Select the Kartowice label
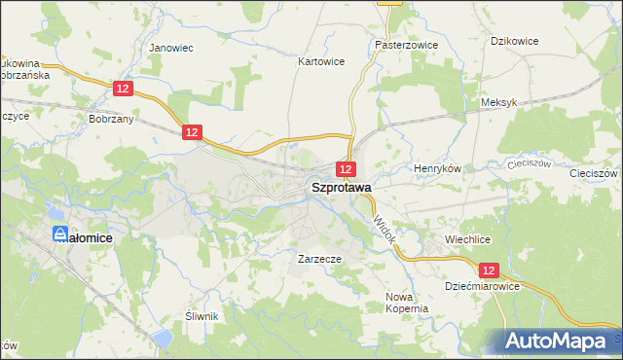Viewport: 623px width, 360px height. point(320,60)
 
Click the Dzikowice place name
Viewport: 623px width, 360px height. point(515,40)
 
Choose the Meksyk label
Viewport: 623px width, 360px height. point(496,102)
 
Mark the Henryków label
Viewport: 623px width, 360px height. point(437,168)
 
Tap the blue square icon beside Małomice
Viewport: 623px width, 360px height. point(61,234)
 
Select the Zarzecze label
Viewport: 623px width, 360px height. point(319,260)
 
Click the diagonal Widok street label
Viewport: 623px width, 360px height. point(383,230)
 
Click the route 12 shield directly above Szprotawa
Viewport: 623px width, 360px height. point(346,169)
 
